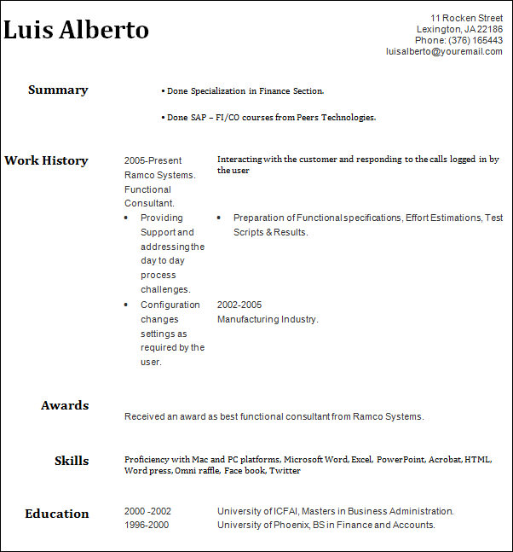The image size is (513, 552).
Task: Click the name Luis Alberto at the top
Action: pos(77,30)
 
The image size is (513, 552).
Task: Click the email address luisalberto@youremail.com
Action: pos(444,51)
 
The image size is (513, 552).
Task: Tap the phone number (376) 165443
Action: pos(476,40)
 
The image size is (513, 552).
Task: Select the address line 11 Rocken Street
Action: pos(466,18)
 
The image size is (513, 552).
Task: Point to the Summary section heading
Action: pos(58,90)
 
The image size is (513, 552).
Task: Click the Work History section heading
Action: pos(46,160)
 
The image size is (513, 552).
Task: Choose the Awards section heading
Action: pos(65,405)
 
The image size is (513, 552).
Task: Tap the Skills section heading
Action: pos(72,461)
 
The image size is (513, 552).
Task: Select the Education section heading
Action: pos(57,514)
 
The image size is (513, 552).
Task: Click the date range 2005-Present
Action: pos(153,160)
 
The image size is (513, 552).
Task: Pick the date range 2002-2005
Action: pos(239,305)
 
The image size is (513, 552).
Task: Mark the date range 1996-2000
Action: pos(147,525)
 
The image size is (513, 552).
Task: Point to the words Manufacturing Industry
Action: pos(267,319)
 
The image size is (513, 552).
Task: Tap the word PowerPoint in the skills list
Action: pos(401,460)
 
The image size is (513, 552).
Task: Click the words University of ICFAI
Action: pos(256,511)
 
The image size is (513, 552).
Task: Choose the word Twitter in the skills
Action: pos(285,471)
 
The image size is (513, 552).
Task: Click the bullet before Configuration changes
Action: pos(127,305)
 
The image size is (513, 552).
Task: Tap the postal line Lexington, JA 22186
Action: pos(459,29)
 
